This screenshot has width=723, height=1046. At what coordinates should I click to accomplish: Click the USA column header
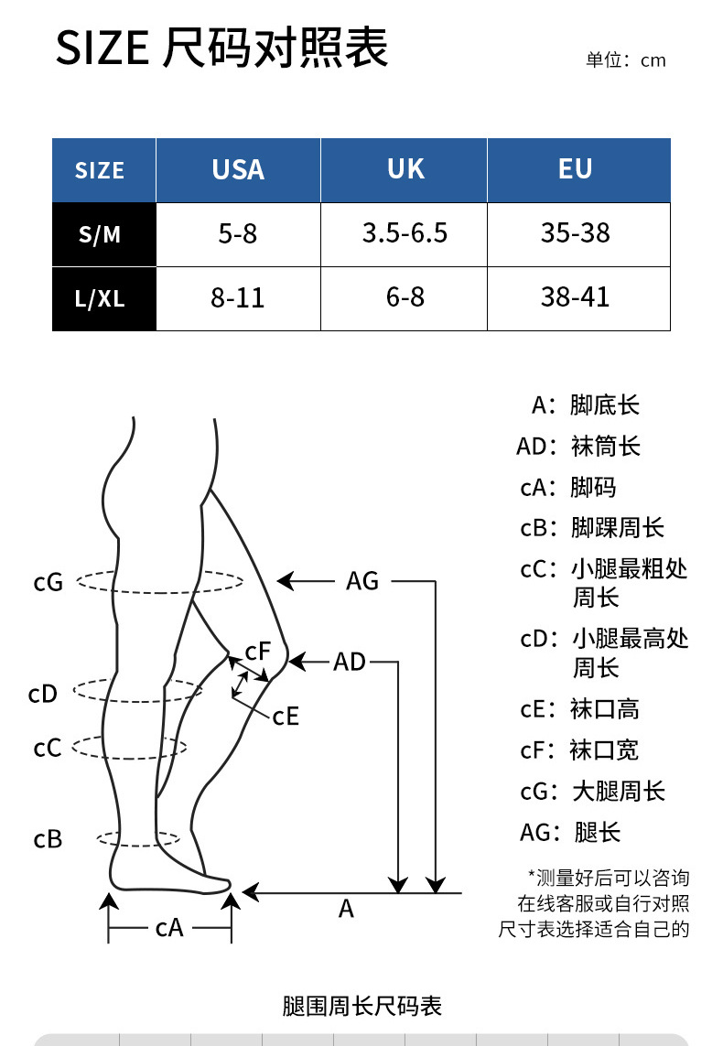tap(238, 169)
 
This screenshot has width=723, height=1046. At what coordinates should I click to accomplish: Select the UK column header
tap(405, 169)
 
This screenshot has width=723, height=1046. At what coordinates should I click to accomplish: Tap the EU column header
tap(576, 169)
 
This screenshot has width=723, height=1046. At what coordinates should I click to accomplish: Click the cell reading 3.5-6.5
tap(405, 233)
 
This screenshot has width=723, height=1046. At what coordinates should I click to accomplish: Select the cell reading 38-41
tap(576, 297)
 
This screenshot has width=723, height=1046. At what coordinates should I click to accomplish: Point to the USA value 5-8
tap(238, 234)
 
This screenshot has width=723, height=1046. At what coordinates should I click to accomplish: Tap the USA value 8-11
tap(238, 298)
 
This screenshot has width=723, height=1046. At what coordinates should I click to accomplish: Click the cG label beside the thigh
tap(48, 581)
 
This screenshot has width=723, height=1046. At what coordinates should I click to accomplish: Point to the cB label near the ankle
tap(48, 838)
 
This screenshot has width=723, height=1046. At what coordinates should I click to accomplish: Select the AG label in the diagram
tap(362, 580)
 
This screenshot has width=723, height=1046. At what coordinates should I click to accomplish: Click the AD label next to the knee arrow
tap(350, 661)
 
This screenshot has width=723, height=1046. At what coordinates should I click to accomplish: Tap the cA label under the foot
tap(169, 928)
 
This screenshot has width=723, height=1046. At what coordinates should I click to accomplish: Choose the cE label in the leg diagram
tap(286, 716)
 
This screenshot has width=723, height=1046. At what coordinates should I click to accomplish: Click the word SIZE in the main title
tap(102, 48)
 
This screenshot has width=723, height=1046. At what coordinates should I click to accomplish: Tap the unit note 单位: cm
tap(626, 60)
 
